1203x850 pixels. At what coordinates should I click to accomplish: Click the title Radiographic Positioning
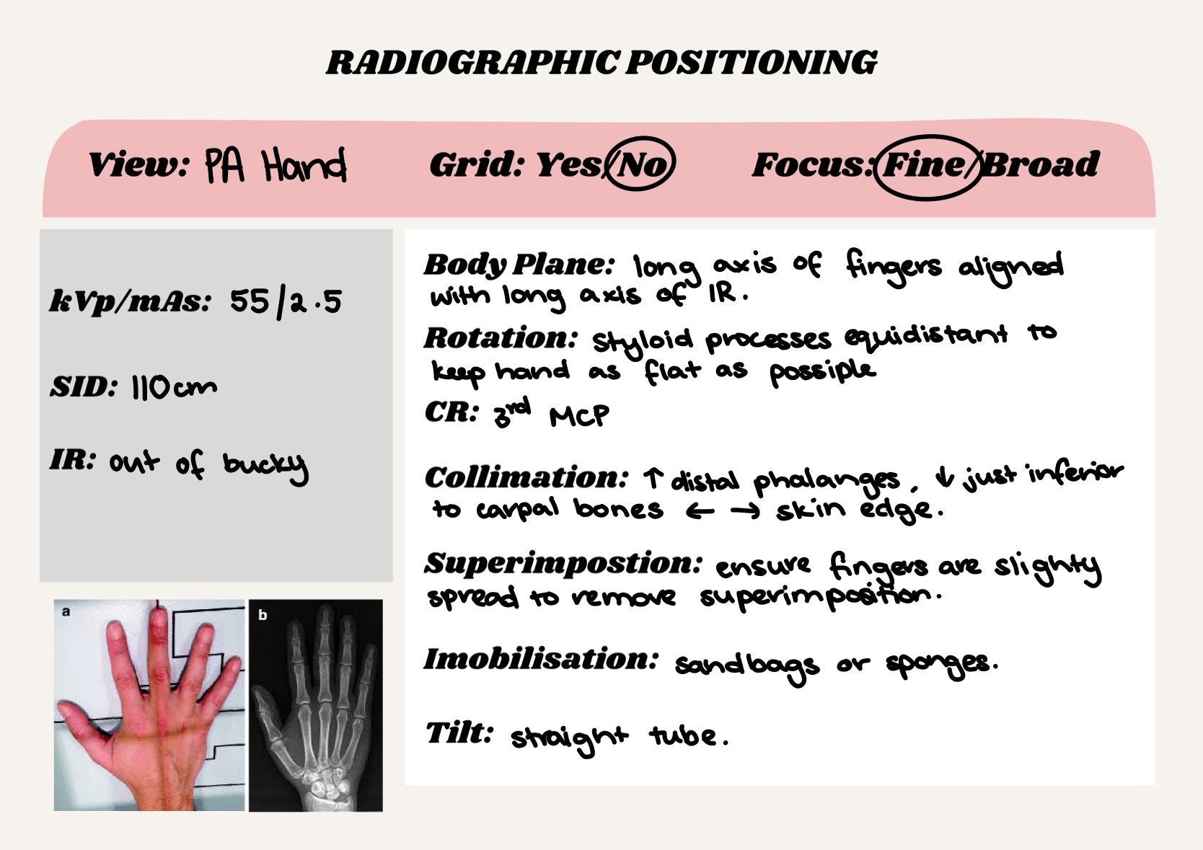601,63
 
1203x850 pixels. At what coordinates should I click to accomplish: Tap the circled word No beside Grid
640,164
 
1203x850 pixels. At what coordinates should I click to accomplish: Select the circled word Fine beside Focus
925,165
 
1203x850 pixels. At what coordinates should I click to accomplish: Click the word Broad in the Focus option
1041,165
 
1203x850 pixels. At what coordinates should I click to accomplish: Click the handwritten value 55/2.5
286,301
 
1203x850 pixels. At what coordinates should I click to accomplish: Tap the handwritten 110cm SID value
173,388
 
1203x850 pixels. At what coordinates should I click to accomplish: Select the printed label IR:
72,459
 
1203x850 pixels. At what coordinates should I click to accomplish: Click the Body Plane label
518,265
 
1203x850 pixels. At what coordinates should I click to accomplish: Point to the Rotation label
501,337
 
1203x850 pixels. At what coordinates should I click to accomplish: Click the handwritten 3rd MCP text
551,414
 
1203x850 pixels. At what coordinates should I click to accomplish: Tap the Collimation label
526,477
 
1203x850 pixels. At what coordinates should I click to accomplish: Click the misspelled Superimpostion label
563,563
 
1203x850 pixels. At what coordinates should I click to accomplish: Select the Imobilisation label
541,659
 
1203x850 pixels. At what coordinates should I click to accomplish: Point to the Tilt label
459,732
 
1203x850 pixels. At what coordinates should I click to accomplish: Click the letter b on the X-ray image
263,615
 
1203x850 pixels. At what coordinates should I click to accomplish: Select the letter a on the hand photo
66,612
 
